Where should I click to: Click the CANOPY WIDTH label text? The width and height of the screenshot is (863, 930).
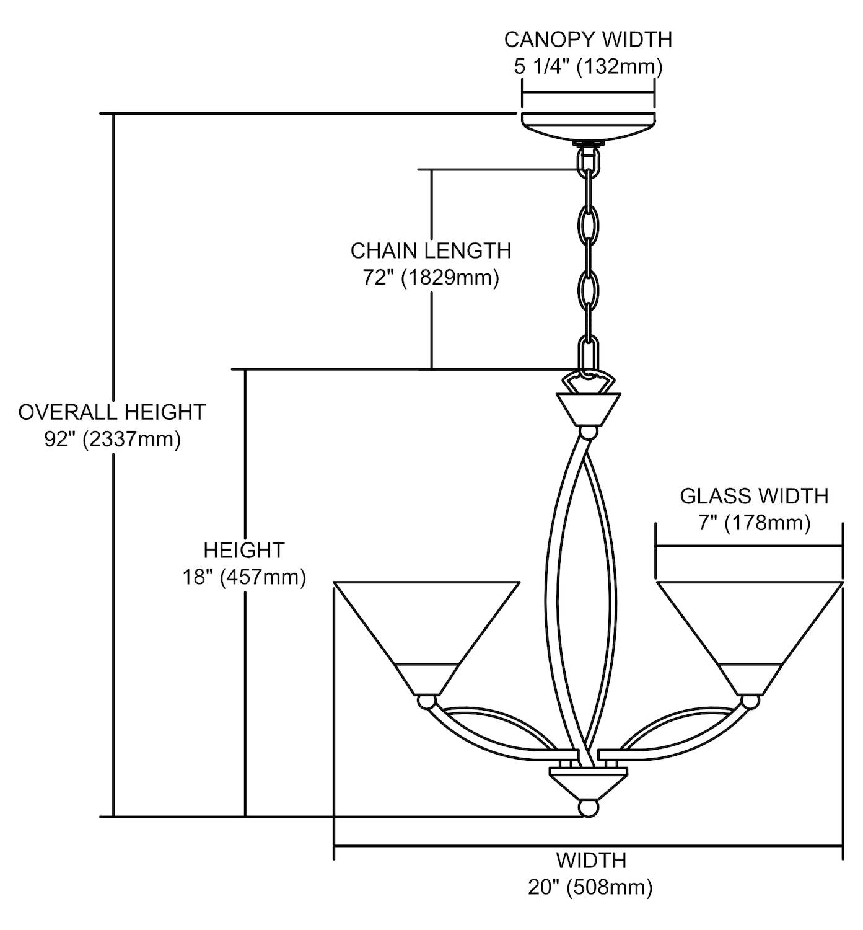point(588,39)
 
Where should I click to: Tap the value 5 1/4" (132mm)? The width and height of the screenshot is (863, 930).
point(588,66)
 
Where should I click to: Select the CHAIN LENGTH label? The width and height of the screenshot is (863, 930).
point(431,250)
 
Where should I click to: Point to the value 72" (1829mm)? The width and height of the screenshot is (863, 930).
point(431,277)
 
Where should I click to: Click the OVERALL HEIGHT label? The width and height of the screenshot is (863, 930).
point(112,412)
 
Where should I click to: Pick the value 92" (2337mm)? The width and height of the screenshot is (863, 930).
point(112,439)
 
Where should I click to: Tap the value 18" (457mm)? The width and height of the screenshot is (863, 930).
point(244,577)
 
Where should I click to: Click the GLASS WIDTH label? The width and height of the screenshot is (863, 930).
point(754,496)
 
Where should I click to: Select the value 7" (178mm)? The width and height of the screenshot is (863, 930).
point(754,523)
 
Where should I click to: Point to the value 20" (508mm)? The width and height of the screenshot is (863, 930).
point(590,887)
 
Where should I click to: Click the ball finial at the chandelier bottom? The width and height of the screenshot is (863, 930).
point(588,808)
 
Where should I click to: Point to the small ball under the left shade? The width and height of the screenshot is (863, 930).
point(426,702)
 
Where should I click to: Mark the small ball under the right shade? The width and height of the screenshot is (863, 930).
point(750,702)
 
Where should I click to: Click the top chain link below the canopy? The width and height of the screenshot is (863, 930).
point(588,162)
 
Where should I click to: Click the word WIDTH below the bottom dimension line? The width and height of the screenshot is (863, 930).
point(590,861)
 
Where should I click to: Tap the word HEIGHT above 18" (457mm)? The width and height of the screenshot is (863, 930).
point(244,550)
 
